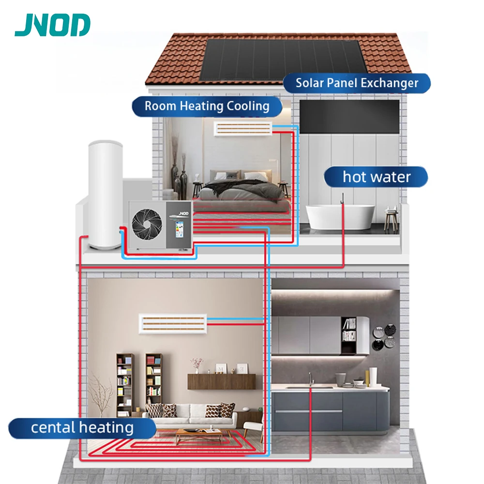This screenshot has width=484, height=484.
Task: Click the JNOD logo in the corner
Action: [x=52, y=26]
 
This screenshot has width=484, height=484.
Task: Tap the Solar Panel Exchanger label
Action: [x=357, y=83]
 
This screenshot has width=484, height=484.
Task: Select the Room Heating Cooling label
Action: [x=207, y=106]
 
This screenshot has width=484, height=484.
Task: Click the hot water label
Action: [x=376, y=177]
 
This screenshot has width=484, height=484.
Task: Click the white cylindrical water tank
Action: [x=104, y=194]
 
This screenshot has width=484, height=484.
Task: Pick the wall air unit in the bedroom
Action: [x=243, y=128]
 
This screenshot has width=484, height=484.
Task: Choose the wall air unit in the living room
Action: [x=173, y=323]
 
